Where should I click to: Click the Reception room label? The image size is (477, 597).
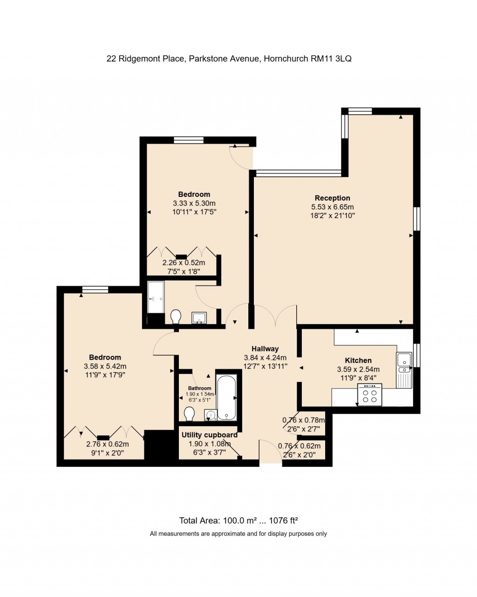coord(332,198)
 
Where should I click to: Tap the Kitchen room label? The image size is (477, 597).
coord(358,360)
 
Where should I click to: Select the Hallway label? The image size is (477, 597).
coord(265,348)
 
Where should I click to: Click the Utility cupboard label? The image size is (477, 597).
coord(209,435)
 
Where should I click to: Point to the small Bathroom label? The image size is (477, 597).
coord(199,388)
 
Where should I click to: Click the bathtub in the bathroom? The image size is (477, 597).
coord(227,398)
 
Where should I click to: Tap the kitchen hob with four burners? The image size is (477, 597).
coord(369,396)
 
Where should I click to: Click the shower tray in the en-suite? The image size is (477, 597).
coord(156,297)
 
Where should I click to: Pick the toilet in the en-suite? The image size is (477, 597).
coord(176,317)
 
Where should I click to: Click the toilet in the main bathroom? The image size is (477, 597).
coord(189,414)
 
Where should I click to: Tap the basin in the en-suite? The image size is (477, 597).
coord(200,318)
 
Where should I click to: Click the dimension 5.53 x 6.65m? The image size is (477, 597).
coord(332,207)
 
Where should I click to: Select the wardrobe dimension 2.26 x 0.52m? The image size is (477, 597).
coord(184,263)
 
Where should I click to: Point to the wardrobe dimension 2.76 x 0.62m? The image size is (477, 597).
coord(107,444)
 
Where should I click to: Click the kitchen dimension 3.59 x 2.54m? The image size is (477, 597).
coord(358,369)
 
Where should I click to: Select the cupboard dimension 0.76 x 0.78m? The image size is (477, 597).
coord(303,420)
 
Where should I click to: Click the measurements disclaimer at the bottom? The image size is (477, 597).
coord(238,534)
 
